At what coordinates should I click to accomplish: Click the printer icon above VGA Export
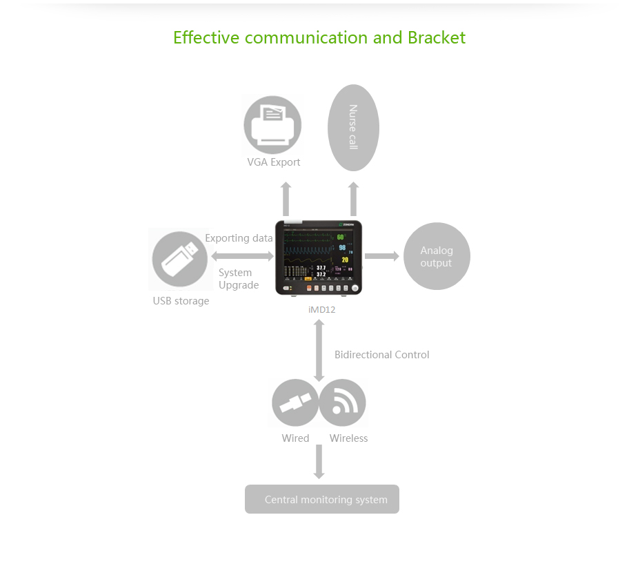(x=272, y=125)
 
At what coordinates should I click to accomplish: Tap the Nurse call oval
(x=353, y=128)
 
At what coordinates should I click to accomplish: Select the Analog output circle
(x=436, y=256)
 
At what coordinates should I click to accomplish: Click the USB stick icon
(x=179, y=259)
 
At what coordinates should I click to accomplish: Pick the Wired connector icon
(x=295, y=403)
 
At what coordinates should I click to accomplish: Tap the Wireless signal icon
(x=342, y=403)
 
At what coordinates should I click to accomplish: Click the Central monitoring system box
(x=322, y=499)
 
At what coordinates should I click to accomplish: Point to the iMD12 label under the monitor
(x=322, y=309)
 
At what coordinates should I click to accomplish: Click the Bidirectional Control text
(x=381, y=355)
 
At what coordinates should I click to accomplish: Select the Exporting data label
(x=239, y=238)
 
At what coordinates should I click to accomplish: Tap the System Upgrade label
(x=238, y=279)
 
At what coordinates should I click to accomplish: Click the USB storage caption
(x=181, y=301)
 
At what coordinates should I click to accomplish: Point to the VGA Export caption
(x=274, y=162)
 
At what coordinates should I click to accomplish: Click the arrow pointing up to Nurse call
(x=353, y=199)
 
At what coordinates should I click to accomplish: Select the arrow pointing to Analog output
(x=381, y=256)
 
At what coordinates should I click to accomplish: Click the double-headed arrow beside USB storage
(x=242, y=257)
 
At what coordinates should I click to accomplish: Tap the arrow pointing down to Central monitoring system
(x=319, y=461)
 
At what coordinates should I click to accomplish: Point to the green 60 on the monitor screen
(x=341, y=238)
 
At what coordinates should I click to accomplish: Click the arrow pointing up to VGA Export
(x=286, y=199)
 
